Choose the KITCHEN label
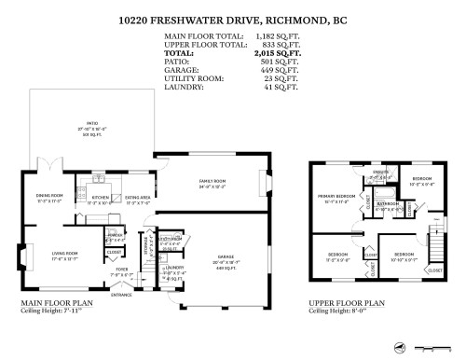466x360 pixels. coord(100,198)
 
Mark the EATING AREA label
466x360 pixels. coord(138,198)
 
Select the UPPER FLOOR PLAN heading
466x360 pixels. coord(347,303)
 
